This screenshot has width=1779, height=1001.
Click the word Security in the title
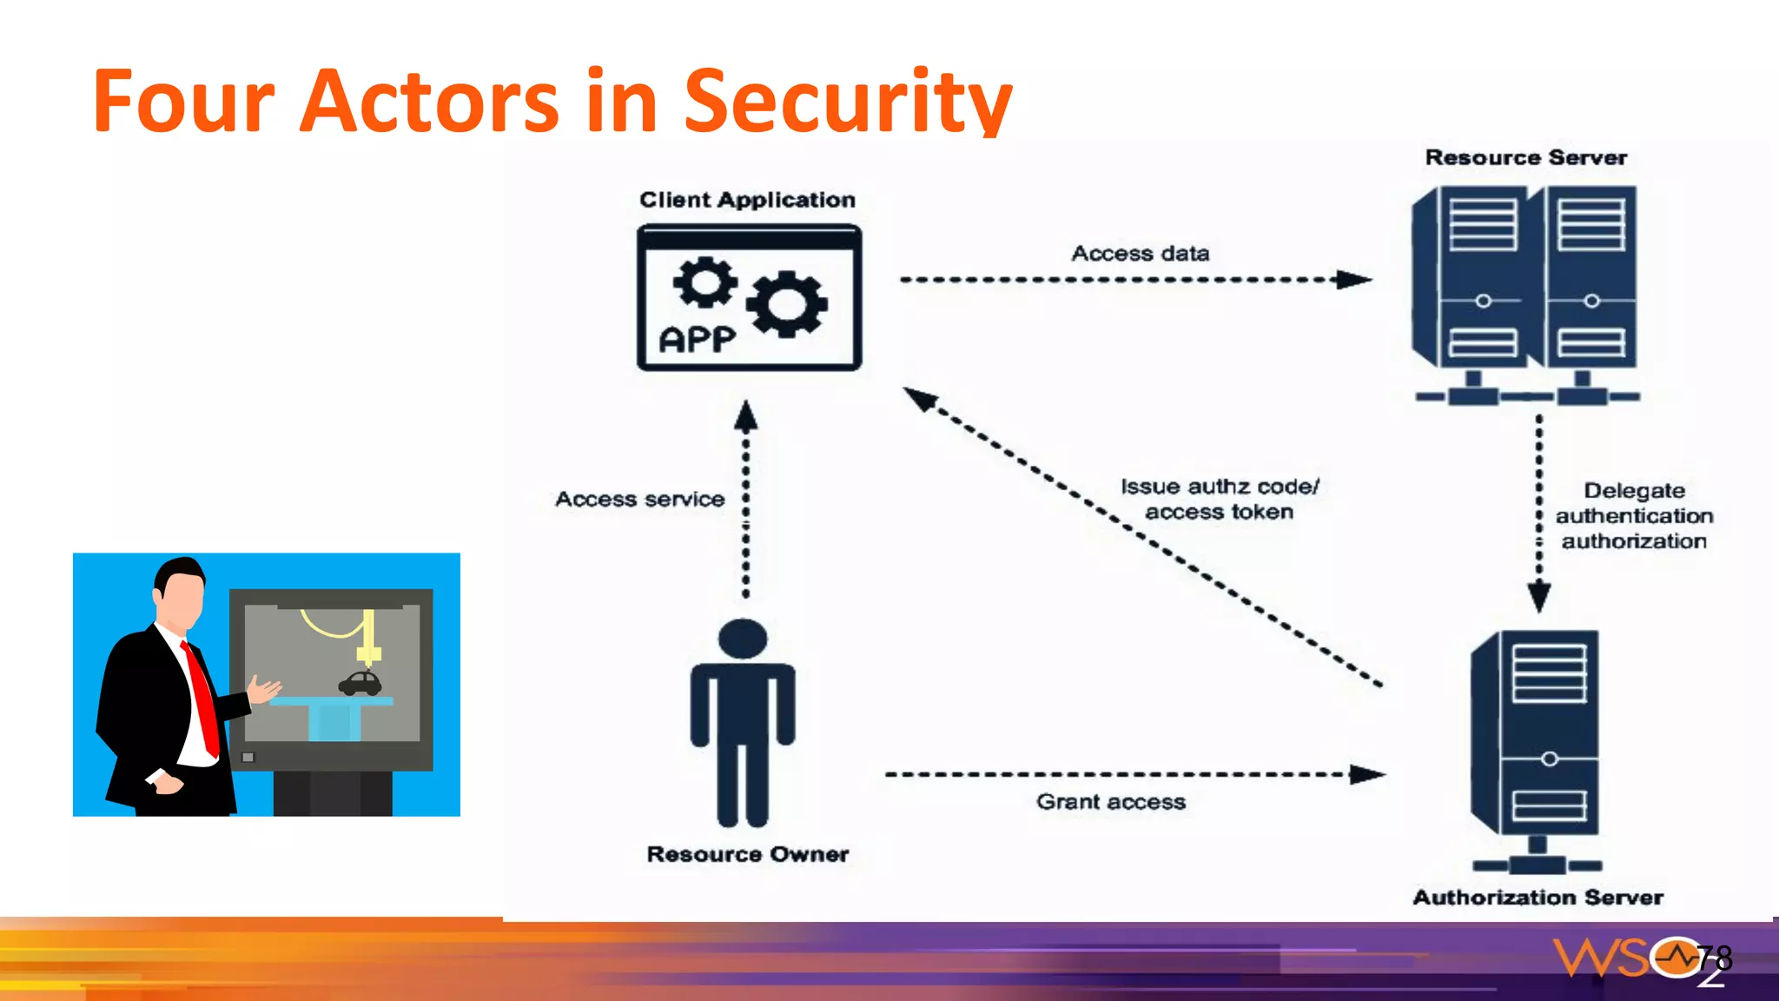[847, 103]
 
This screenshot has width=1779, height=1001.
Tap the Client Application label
[747, 200]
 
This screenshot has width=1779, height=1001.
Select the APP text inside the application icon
[697, 339]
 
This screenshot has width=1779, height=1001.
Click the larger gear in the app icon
[787, 303]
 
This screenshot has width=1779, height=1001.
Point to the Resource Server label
[1525, 157]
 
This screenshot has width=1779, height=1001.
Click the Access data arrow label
[1140, 254]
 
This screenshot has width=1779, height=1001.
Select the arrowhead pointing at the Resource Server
[1353, 280]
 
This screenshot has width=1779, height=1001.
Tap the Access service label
[639, 499]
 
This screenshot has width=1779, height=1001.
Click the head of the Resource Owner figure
[743, 638]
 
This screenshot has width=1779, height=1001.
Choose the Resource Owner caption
[747, 854]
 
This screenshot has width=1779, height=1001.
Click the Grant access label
[1110, 802]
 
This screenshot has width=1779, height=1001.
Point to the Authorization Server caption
[1538, 898]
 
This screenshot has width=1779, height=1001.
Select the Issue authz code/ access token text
[1219, 500]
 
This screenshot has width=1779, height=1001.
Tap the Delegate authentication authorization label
[1634, 516]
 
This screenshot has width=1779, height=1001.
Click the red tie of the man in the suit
[202, 695]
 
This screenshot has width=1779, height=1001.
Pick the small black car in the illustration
[360, 684]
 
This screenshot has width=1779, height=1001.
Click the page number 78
[1714, 958]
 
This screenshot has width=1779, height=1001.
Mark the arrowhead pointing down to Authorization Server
[1539, 597]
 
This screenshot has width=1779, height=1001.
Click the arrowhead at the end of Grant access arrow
[1367, 774]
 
